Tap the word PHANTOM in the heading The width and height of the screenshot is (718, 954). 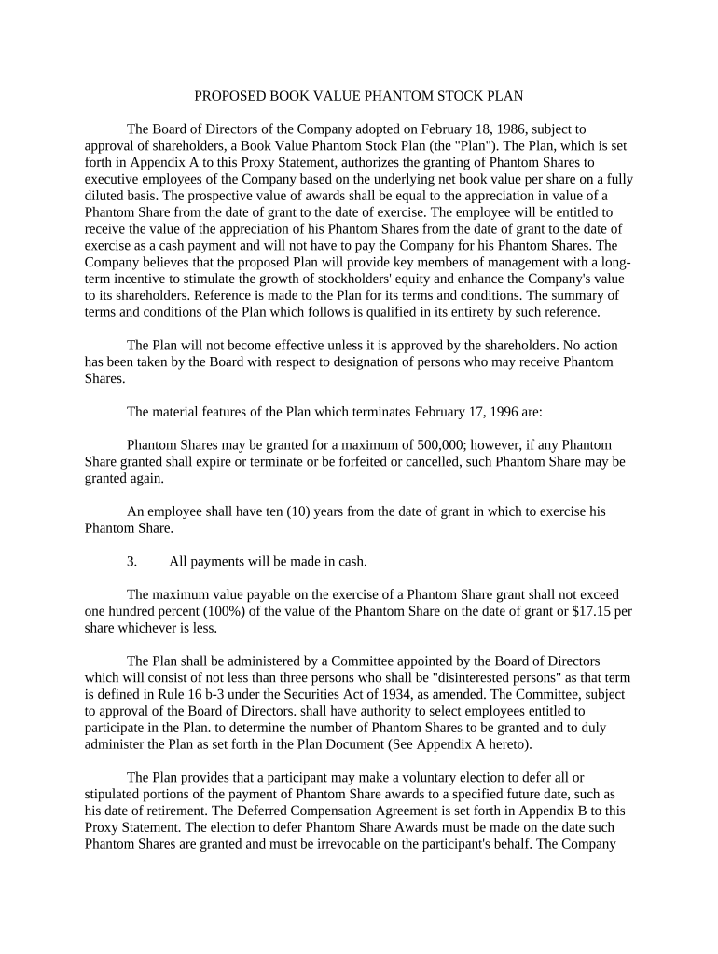394,96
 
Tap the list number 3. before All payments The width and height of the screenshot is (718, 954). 131,561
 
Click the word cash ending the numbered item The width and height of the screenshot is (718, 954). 351,561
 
